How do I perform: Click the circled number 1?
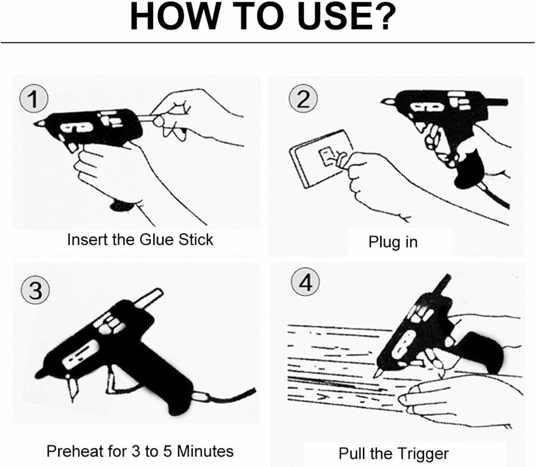(34, 99)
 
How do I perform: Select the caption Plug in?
(393, 242)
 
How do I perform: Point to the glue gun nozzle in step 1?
(39, 123)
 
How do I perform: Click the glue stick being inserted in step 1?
(148, 118)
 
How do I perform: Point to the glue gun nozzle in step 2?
(388, 101)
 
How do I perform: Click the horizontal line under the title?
(268, 42)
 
